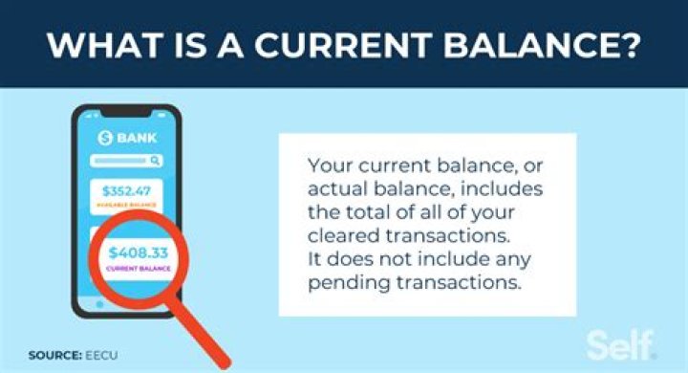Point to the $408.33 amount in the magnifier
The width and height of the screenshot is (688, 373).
(140, 253)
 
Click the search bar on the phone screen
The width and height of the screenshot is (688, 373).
(128, 161)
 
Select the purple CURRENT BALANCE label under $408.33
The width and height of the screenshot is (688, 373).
(140, 271)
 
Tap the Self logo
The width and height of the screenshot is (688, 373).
(620, 345)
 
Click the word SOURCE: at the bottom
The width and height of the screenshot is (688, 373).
(53, 355)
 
